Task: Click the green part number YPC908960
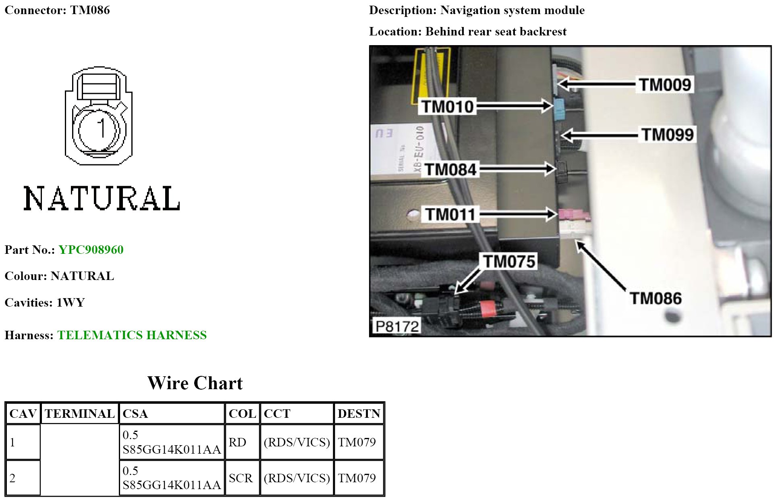91,250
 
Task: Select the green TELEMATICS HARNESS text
132,335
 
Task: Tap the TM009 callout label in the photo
665,85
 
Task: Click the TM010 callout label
448,107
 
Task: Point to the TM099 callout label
668,135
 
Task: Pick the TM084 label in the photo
451,170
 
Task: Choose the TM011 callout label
450,214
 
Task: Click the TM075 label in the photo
509,261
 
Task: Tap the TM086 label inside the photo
655,299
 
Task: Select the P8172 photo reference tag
397,326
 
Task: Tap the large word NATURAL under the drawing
102,199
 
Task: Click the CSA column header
135,414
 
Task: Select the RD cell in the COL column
237,442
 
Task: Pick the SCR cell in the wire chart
241,478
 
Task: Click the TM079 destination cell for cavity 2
357,478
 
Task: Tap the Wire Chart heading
195,383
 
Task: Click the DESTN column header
359,414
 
